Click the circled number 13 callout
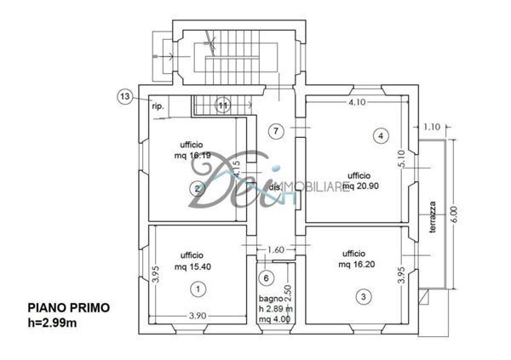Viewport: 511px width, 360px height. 125,98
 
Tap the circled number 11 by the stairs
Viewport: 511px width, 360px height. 221,105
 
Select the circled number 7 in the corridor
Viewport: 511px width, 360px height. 274,131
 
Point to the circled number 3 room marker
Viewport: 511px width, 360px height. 363,296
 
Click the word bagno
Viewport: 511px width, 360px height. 272,299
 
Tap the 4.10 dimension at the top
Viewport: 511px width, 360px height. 356,103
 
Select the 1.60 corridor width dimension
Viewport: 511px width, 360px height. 275,249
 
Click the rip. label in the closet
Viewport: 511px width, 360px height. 158,106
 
